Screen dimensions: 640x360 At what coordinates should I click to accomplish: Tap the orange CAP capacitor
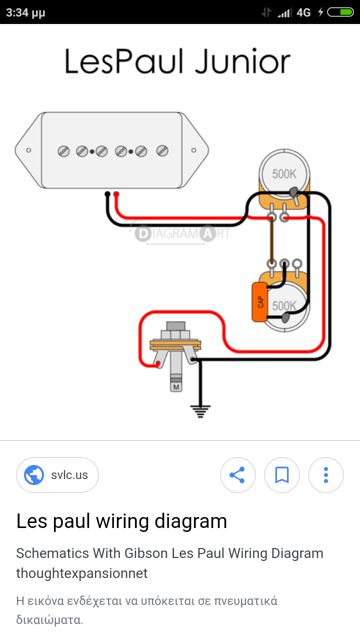click(x=259, y=302)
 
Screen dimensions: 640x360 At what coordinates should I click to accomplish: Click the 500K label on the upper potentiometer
click(x=284, y=174)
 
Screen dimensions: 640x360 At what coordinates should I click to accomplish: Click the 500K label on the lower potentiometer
click(x=284, y=305)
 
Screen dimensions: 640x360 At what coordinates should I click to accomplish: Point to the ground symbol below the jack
click(x=200, y=411)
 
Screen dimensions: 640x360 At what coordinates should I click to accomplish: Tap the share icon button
click(x=237, y=474)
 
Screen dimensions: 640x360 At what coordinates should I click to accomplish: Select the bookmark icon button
click(x=282, y=474)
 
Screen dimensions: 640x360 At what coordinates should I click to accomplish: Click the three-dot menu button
click(x=325, y=474)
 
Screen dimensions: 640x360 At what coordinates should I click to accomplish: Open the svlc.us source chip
click(x=57, y=474)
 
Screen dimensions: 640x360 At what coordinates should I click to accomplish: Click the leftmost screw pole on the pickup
click(x=63, y=150)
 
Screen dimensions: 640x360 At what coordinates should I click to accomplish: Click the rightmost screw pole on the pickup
click(x=162, y=150)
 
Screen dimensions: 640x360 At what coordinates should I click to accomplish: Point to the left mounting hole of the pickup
click(x=29, y=150)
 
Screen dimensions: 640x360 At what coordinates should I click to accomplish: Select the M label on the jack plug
click(x=176, y=387)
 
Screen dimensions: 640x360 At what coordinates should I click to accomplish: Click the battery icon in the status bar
click(x=340, y=12)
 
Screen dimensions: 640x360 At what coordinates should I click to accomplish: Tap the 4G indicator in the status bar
click(x=303, y=12)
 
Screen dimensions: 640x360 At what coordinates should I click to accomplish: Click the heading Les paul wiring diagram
click(x=121, y=521)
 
